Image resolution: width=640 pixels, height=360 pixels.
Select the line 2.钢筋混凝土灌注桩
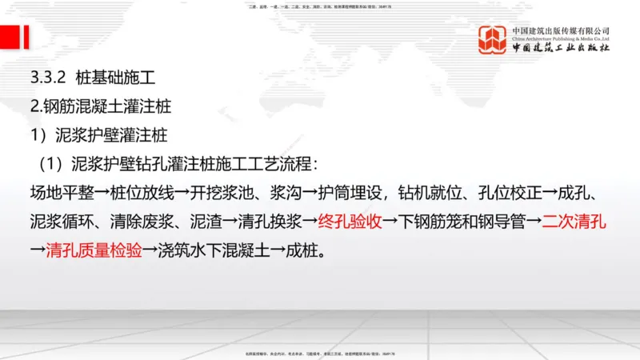point(100,107)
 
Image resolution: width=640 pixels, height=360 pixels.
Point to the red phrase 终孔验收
point(350,222)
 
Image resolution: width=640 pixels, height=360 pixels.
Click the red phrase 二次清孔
point(574,222)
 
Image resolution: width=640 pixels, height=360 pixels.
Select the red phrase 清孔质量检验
point(94,250)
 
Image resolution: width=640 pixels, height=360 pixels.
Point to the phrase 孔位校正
point(518,193)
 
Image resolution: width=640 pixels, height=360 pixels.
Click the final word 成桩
point(306,250)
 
